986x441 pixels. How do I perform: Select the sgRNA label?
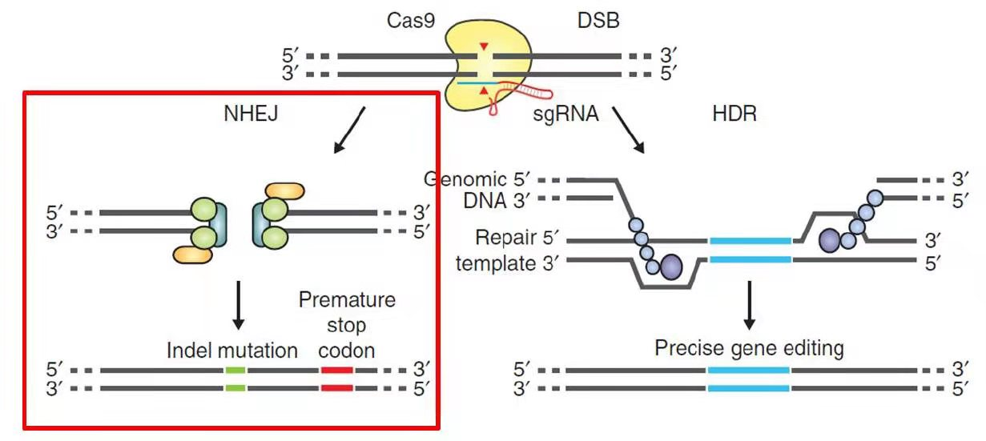point(565,114)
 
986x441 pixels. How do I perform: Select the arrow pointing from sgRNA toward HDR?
point(629,130)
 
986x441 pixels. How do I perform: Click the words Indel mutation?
point(232,350)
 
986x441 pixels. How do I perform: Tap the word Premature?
point(347,300)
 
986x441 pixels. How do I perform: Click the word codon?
point(347,350)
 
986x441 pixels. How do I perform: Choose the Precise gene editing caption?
point(749,349)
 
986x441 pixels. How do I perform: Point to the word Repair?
point(504,238)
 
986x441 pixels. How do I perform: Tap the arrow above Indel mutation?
point(238,304)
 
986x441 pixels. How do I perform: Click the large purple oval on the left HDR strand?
point(670,267)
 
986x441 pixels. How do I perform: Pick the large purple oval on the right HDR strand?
point(829,240)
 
